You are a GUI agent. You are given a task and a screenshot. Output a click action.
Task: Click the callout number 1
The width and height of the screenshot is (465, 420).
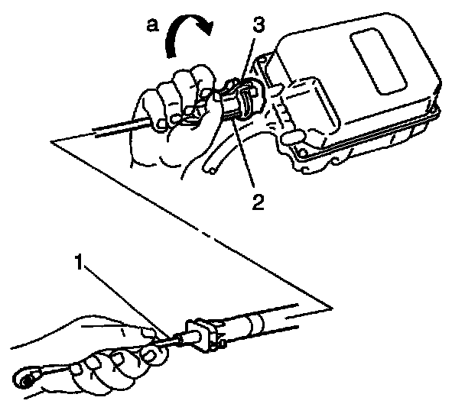pos(79,262)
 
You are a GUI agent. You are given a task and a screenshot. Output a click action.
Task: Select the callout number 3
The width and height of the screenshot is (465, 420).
pos(259,24)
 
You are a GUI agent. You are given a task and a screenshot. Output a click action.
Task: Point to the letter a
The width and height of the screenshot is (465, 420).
pos(153,25)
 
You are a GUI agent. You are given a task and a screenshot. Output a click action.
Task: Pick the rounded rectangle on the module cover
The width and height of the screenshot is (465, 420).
pos(379,61)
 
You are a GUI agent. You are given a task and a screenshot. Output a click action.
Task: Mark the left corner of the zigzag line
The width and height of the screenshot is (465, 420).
pos(51,141)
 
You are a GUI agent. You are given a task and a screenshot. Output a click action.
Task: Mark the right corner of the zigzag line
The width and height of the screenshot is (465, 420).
pos(332,309)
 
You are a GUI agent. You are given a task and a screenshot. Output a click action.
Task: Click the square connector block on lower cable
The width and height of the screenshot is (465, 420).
pos(201,334)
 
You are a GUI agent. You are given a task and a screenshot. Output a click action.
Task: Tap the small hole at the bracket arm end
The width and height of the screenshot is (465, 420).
pos(212,170)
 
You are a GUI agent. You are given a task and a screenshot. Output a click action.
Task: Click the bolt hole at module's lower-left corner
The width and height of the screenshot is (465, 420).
pos(303,153)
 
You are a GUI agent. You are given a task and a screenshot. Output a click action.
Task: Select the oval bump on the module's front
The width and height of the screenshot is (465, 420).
pos(293,137)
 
